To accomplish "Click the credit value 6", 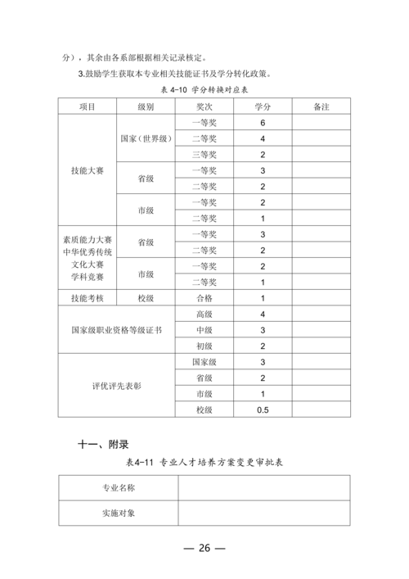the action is [263, 123].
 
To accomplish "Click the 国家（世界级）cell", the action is [146, 138].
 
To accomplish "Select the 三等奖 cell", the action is [204, 155].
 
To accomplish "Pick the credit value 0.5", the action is [263, 409].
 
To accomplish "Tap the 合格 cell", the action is [204, 298].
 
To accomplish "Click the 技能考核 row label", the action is [87, 298].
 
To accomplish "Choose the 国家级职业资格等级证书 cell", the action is [116, 330].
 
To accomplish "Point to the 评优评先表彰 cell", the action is [116, 385].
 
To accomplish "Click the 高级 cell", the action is [204, 314].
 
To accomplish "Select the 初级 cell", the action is [204, 346].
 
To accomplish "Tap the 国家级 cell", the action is [204, 361].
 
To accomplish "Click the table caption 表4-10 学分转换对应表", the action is [204, 90].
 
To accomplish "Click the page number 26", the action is [204, 548].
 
